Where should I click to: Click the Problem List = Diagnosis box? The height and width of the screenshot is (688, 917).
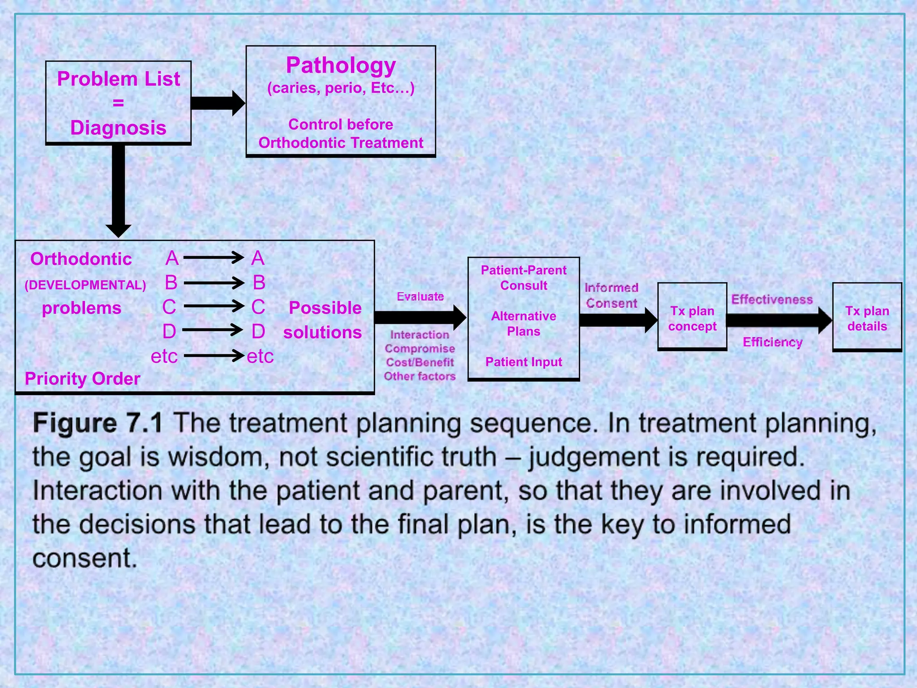[x=118, y=103]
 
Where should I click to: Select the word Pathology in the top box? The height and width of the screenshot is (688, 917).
[x=341, y=66]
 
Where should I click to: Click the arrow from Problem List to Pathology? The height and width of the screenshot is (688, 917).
[x=218, y=103]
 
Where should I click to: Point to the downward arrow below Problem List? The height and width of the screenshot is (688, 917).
[x=118, y=188]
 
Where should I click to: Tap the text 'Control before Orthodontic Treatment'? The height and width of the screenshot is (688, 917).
[x=341, y=133]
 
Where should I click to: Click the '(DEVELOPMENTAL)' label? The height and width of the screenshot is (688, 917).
[x=85, y=285]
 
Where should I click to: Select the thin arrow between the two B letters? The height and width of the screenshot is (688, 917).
[x=214, y=283]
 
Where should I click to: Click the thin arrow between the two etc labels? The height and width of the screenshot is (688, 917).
[x=214, y=356]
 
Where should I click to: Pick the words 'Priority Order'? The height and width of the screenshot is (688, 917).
[x=82, y=379]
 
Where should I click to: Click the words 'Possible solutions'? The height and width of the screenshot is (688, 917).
[x=323, y=320]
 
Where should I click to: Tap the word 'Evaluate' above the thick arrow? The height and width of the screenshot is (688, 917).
[x=420, y=297]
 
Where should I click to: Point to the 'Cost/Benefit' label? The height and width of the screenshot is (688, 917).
[x=420, y=362]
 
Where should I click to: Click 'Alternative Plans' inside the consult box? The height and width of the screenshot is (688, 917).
[x=523, y=323]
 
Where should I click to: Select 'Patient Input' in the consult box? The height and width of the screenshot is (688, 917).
[x=523, y=362]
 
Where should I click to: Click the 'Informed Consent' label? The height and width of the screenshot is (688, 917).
[x=612, y=296]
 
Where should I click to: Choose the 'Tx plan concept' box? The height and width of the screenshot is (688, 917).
[x=692, y=318]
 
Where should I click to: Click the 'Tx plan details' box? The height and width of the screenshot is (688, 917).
[x=867, y=318]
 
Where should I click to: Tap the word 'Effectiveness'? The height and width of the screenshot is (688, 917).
[x=772, y=300]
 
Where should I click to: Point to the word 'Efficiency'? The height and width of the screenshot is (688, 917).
[x=772, y=342]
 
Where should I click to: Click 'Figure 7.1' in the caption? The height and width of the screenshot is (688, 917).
[x=98, y=423]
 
